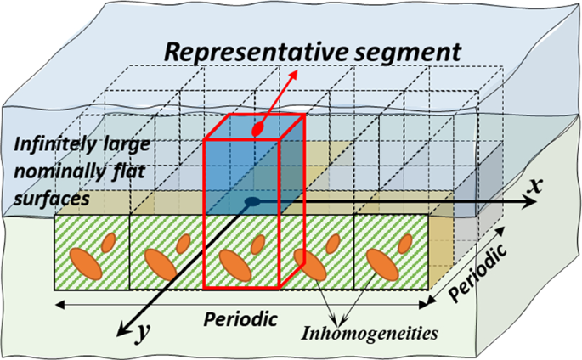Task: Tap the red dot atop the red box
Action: click(x=257, y=131)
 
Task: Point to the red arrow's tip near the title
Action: click(x=295, y=71)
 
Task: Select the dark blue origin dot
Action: click(x=252, y=202)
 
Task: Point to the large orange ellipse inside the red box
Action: click(x=235, y=265)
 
